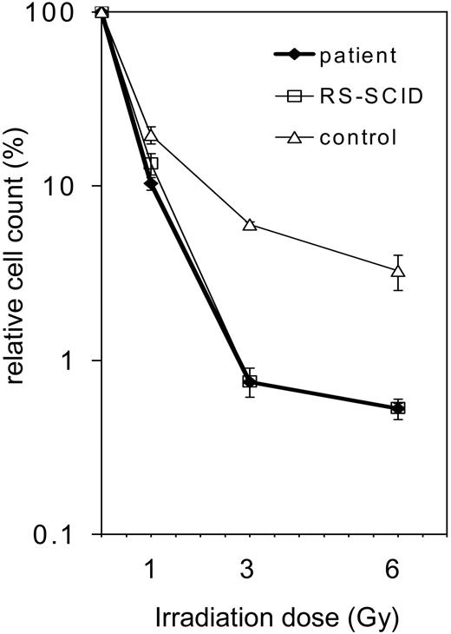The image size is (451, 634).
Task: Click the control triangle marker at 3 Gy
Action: point(250,225)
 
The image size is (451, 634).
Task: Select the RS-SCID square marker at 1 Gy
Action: point(152,163)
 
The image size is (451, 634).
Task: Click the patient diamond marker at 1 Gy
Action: point(150,184)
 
